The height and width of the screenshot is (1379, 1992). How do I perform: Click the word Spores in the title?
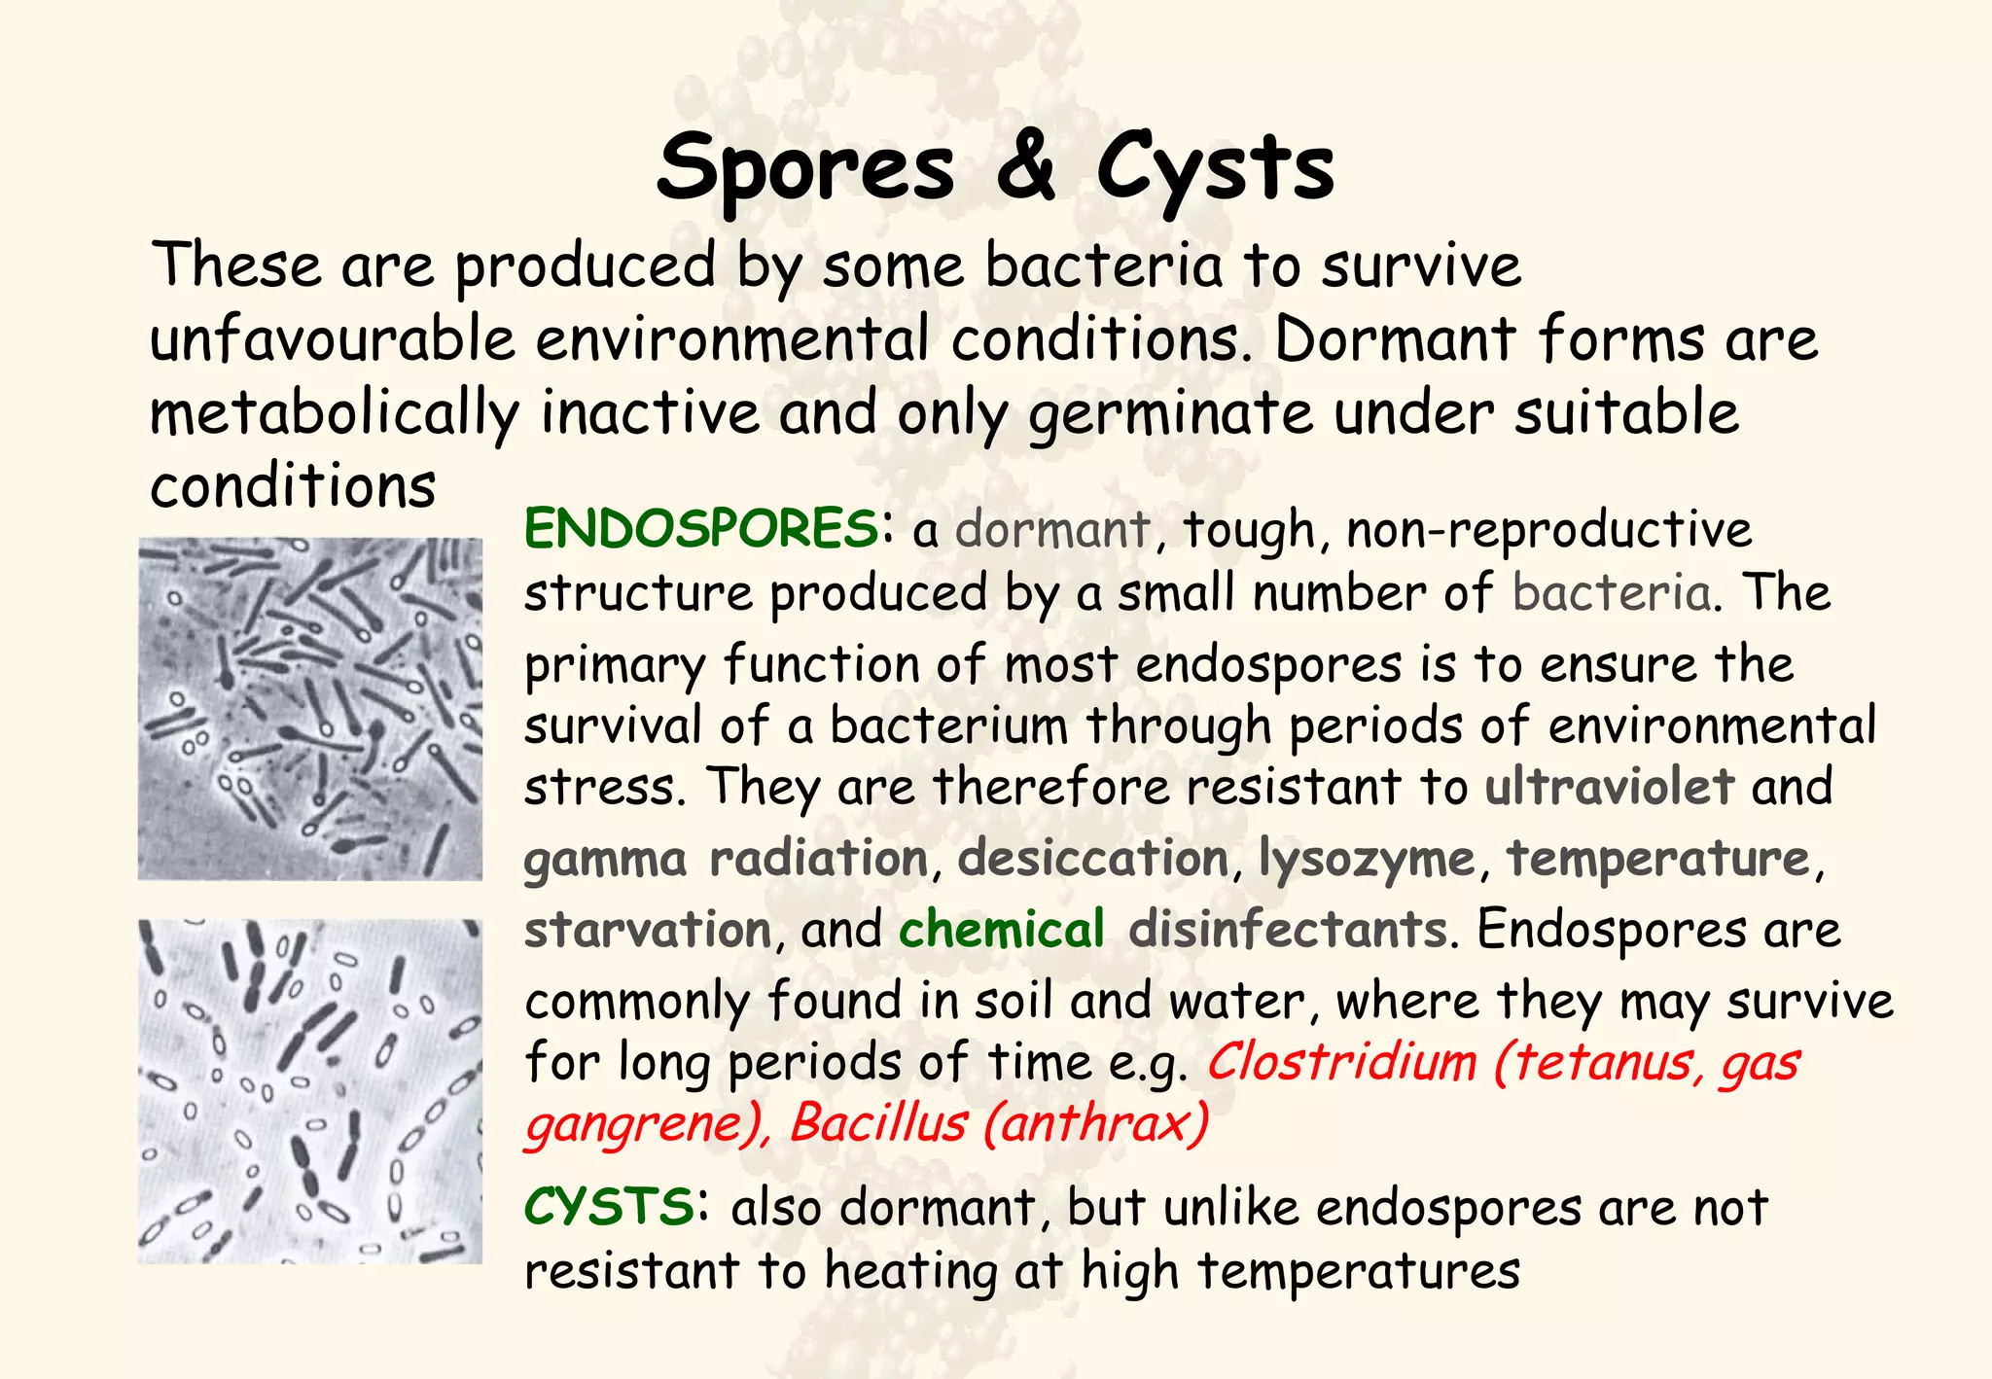805,167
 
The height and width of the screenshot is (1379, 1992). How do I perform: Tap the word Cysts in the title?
1216,167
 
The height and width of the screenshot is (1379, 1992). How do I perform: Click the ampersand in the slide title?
1024,165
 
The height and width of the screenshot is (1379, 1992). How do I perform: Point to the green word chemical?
1002,929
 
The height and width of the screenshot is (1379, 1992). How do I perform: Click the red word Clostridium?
1342,1062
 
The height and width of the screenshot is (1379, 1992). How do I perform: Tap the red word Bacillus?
878,1124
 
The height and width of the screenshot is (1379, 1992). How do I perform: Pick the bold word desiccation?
1094,858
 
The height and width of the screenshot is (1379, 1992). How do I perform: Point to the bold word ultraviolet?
1610,786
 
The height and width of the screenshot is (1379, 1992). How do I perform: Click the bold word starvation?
648,930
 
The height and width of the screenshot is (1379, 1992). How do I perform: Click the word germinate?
1172,414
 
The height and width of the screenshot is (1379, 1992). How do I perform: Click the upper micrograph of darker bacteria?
310,709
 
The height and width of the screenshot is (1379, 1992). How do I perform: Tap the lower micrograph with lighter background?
310,1091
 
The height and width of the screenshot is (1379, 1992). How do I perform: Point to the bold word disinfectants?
1288,929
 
